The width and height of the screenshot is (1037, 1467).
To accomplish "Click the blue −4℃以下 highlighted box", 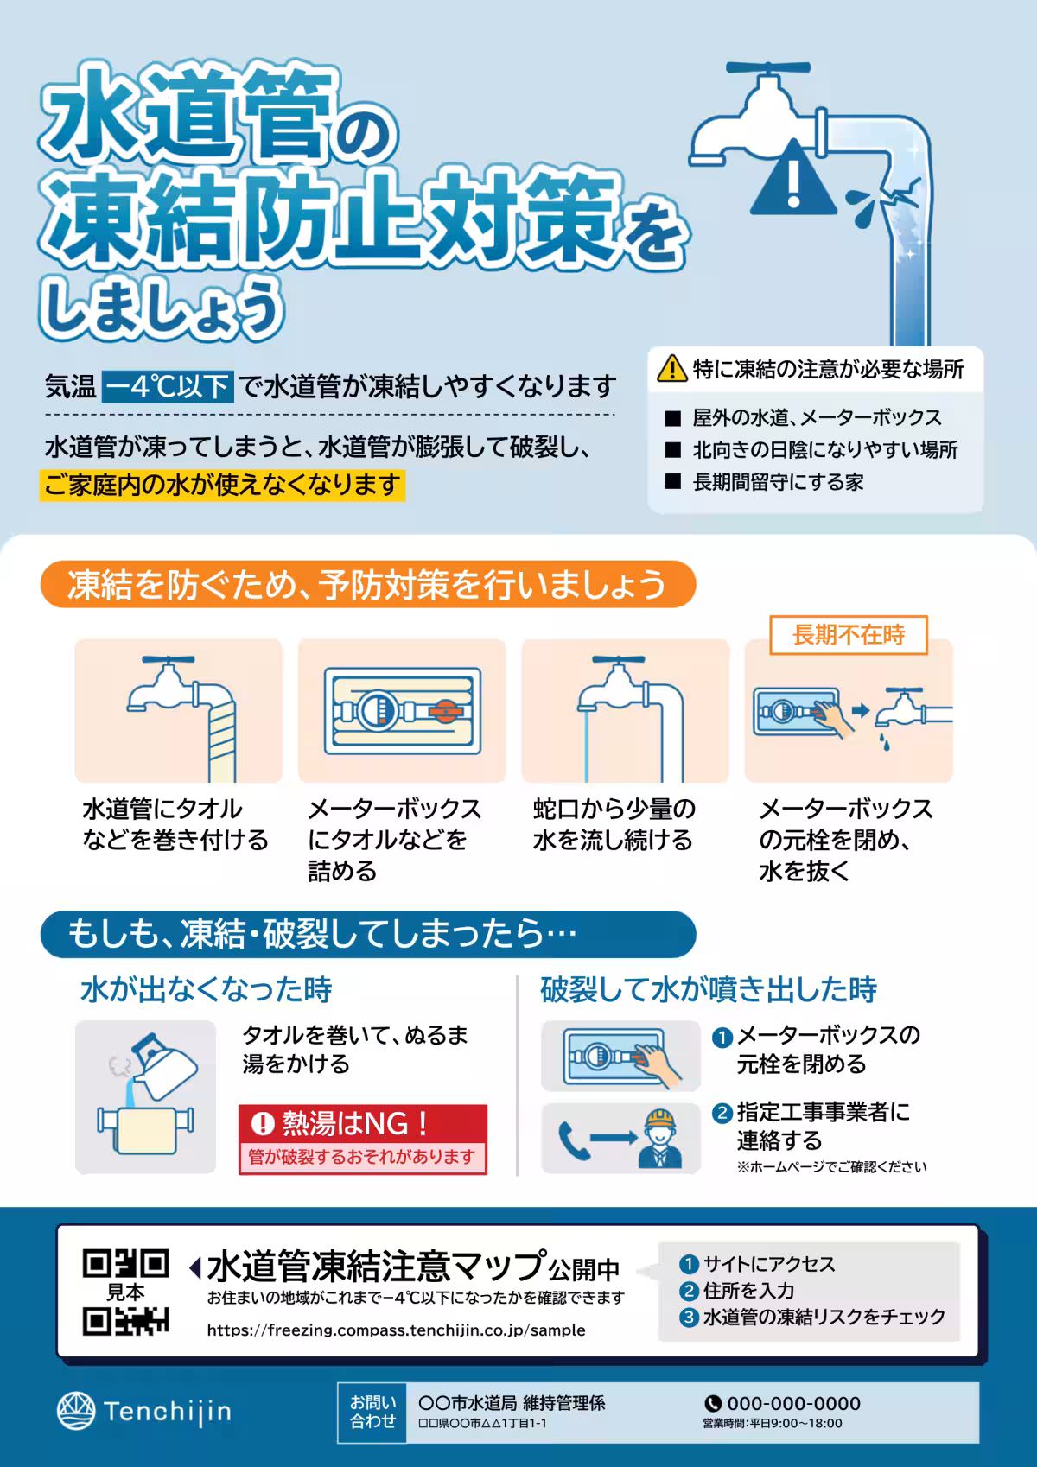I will (x=168, y=386).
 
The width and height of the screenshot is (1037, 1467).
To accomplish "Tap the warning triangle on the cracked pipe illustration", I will (x=792, y=180).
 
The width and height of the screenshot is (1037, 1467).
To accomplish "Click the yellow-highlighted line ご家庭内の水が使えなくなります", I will (x=222, y=485).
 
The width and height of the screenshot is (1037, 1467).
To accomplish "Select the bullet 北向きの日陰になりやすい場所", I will (x=824, y=449).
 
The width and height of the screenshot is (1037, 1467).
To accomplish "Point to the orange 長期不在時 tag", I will (x=848, y=635).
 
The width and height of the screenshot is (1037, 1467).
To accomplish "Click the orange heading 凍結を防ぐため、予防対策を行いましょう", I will (x=367, y=585).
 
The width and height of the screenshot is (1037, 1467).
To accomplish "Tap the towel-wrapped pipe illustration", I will (x=179, y=711).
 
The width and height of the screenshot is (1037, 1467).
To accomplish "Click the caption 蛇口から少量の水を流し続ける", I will (x=614, y=824).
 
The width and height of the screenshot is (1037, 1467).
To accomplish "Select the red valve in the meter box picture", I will (x=447, y=711).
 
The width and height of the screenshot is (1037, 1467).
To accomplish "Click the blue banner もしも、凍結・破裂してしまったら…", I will (x=367, y=934).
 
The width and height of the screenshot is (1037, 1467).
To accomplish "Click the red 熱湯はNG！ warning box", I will (x=363, y=1139).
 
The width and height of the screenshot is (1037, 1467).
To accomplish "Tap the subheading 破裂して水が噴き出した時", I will (x=708, y=989).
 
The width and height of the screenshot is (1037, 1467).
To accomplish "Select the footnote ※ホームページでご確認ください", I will (x=831, y=1166).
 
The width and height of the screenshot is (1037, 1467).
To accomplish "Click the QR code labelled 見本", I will (x=126, y=1292).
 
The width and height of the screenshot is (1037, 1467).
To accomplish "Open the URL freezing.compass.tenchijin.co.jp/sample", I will (x=396, y=1330).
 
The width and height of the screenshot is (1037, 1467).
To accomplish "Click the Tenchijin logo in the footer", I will (x=144, y=1412).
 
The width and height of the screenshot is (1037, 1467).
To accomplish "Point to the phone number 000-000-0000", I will (x=792, y=1403).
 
